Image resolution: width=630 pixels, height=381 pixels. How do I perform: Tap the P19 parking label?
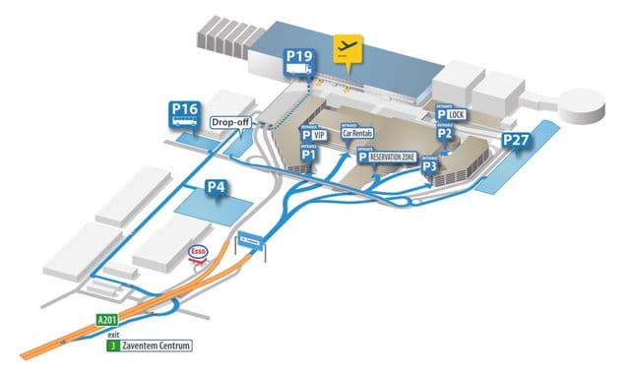point(299,56)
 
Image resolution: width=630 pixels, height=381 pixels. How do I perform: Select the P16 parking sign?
point(185,107)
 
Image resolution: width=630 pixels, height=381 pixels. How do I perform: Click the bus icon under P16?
point(185,123)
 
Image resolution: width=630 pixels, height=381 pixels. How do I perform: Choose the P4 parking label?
point(216,185)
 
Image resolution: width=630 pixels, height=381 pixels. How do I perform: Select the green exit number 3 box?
point(111,347)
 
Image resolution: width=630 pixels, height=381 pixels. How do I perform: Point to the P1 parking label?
point(308,154)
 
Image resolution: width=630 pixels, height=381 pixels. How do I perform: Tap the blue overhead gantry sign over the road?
point(249,239)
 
